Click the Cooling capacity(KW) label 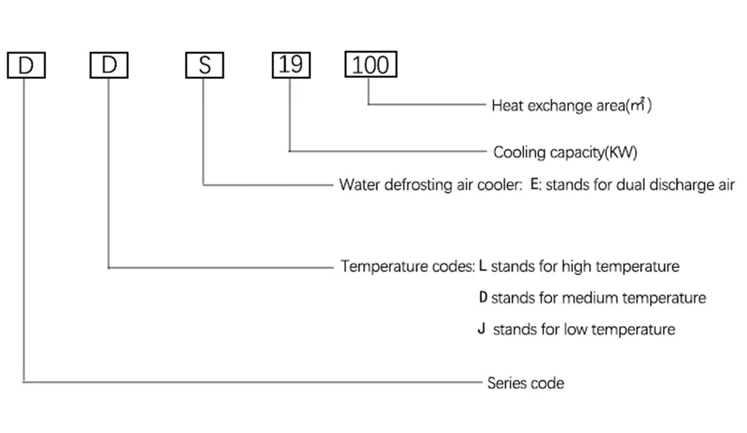tap(565, 152)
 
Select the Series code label tap(525, 383)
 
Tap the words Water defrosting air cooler tap(431, 185)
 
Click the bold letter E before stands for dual tap(535, 184)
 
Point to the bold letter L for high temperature tap(482, 266)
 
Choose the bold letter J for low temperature tap(482, 328)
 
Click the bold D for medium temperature tap(483, 297)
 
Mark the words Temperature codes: tap(408, 266)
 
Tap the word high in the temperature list tap(576, 267)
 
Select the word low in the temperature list tap(576, 330)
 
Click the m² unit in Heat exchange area tap(637, 105)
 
